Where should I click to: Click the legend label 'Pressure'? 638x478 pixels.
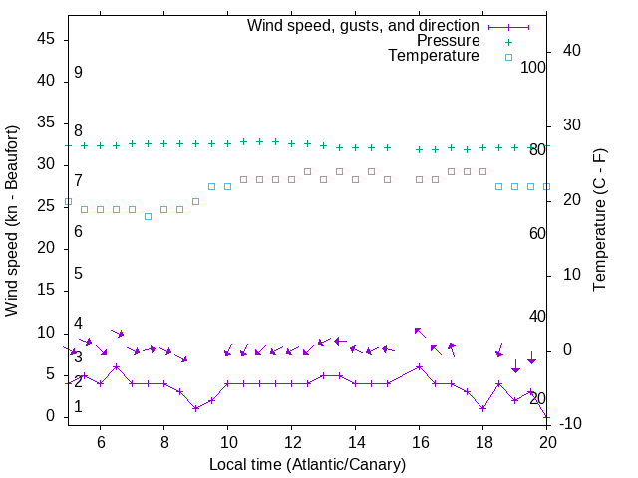449,41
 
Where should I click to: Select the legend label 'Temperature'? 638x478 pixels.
434,56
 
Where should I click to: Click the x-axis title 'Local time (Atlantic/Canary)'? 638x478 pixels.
307,465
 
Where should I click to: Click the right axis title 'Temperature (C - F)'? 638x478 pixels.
599,221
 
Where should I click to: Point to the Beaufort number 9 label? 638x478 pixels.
78,73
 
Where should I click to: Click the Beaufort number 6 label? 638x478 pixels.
78,232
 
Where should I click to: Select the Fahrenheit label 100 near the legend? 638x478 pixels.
533,67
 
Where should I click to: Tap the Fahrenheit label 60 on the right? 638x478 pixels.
537,233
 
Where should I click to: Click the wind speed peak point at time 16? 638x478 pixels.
419,366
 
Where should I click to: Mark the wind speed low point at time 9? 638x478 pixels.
195,408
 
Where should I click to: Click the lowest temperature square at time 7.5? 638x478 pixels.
148,216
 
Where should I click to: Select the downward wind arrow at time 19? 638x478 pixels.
515,365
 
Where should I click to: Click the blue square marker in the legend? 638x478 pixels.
508,57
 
